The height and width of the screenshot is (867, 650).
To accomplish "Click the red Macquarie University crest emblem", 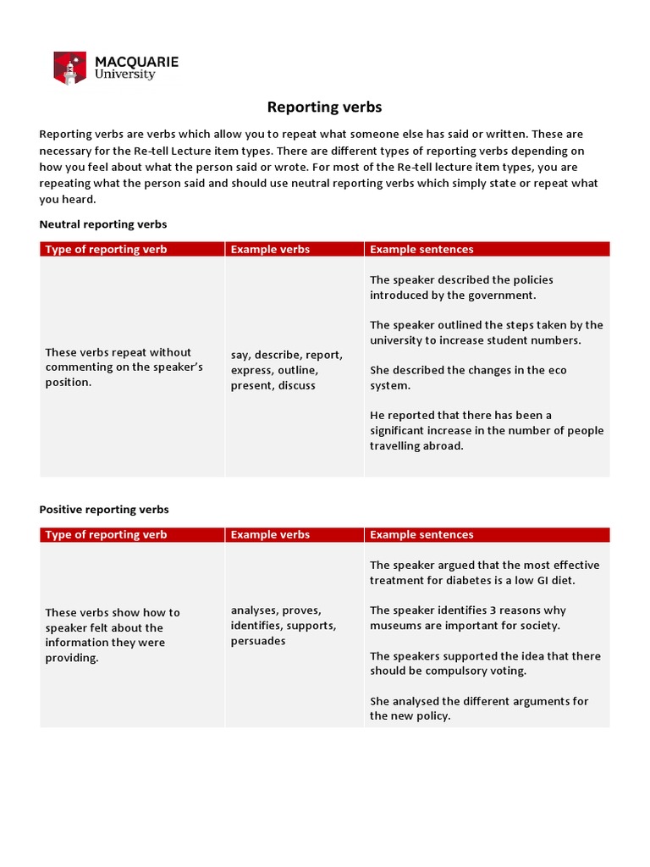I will pos(69,68).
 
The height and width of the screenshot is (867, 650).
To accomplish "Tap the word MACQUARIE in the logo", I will pos(136,62).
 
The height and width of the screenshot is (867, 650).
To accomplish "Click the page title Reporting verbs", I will pos(325,107).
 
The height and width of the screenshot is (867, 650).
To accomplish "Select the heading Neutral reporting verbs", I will pos(103,224).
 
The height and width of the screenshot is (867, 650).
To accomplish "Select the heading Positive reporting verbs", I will pos(104,510).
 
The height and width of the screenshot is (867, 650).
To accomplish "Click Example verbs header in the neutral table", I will pos(270,249).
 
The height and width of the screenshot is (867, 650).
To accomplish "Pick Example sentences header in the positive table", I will pos(421,534).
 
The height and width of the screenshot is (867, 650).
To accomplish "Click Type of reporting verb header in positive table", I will pos(106,534).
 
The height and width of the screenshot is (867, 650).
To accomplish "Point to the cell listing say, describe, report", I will pos(286,370).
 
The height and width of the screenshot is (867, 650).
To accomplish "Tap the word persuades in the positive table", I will pos(258,641).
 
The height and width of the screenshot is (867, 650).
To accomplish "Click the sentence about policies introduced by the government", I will pos(461,288).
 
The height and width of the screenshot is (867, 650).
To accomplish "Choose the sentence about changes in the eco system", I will pos(468,378).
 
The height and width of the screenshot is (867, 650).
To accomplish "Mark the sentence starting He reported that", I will pos(487,430).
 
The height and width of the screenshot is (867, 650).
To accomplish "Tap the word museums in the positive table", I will pos(396,626).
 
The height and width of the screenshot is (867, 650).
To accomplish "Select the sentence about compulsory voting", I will pos(485,663).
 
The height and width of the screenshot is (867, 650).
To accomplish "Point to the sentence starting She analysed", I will pos(478,709).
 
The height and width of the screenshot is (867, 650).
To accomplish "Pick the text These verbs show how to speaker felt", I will pos(113,635).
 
